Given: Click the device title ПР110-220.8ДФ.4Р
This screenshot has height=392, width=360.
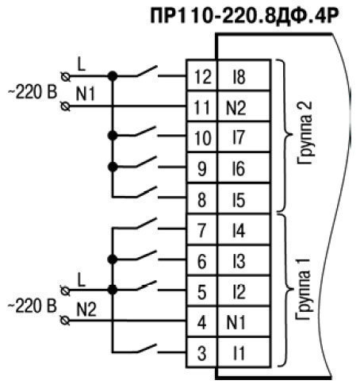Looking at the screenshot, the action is pos(244,16).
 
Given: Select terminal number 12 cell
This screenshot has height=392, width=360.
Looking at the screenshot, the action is pos(201,75).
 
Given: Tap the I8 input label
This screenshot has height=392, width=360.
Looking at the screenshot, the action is pos(239,77).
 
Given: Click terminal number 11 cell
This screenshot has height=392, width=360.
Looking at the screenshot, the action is pos(201,106).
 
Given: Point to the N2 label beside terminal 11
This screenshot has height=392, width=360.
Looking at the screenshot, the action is pos(236,108).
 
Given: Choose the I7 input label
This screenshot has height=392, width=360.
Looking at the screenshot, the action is pos(239,137).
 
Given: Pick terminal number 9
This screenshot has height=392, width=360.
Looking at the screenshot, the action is pos(202,169).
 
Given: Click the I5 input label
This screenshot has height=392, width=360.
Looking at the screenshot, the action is pos(239,200).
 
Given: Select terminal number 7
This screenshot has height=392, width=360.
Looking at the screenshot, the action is pos(201,230).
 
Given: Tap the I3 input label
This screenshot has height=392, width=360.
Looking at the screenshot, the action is pos(239,261).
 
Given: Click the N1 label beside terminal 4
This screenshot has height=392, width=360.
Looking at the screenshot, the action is pos(236,322).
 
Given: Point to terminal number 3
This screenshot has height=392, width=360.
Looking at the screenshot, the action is pos(201,353).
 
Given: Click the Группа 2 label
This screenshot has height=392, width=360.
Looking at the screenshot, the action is pos(304,133).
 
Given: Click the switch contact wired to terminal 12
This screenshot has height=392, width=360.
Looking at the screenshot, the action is pos(147,71).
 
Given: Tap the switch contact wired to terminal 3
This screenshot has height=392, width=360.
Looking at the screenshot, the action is pos(147,348).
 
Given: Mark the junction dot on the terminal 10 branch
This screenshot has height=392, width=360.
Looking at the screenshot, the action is pos(113,136).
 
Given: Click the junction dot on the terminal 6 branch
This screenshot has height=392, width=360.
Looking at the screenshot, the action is pos(113,259).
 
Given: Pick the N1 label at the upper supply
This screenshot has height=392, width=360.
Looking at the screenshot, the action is pos(85,94).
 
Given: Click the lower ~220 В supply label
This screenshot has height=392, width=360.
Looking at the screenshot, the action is pos(33,306).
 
